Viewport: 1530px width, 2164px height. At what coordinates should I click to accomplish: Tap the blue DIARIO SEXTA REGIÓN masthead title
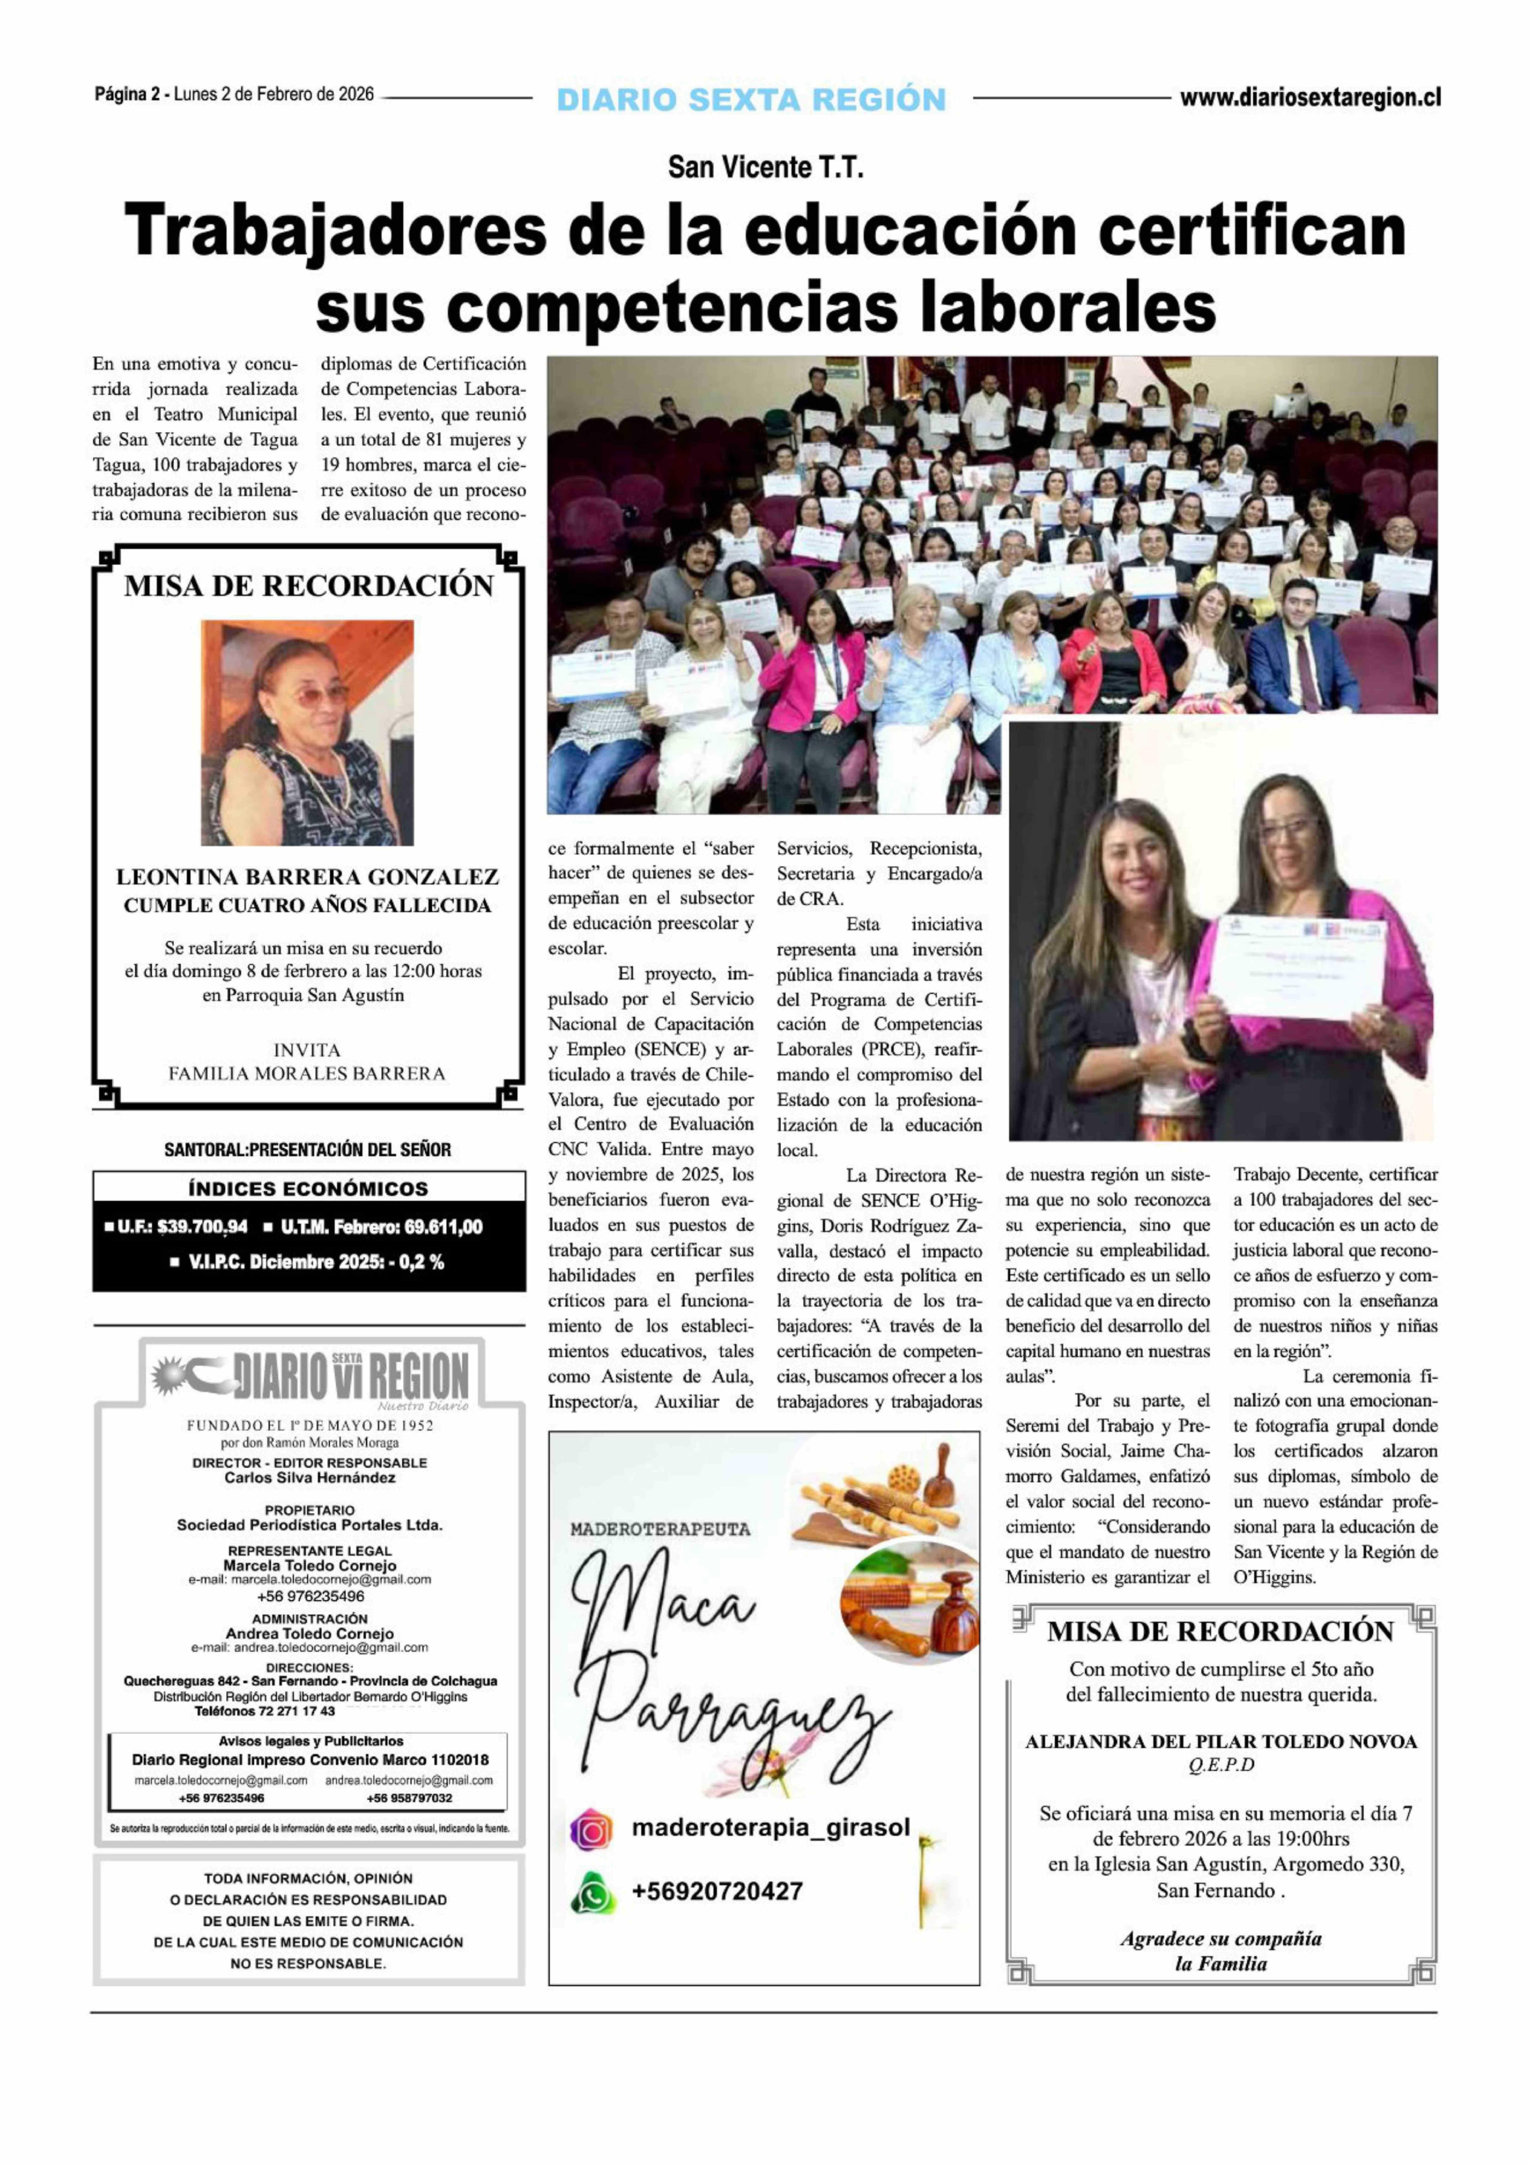click(x=751, y=99)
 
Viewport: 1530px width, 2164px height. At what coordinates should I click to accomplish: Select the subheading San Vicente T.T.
click(x=765, y=168)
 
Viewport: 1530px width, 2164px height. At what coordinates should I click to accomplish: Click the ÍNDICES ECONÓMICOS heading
click(x=308, y=1188)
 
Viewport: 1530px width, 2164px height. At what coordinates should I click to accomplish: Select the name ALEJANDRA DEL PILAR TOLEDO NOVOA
click(x=1221, y=1742)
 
